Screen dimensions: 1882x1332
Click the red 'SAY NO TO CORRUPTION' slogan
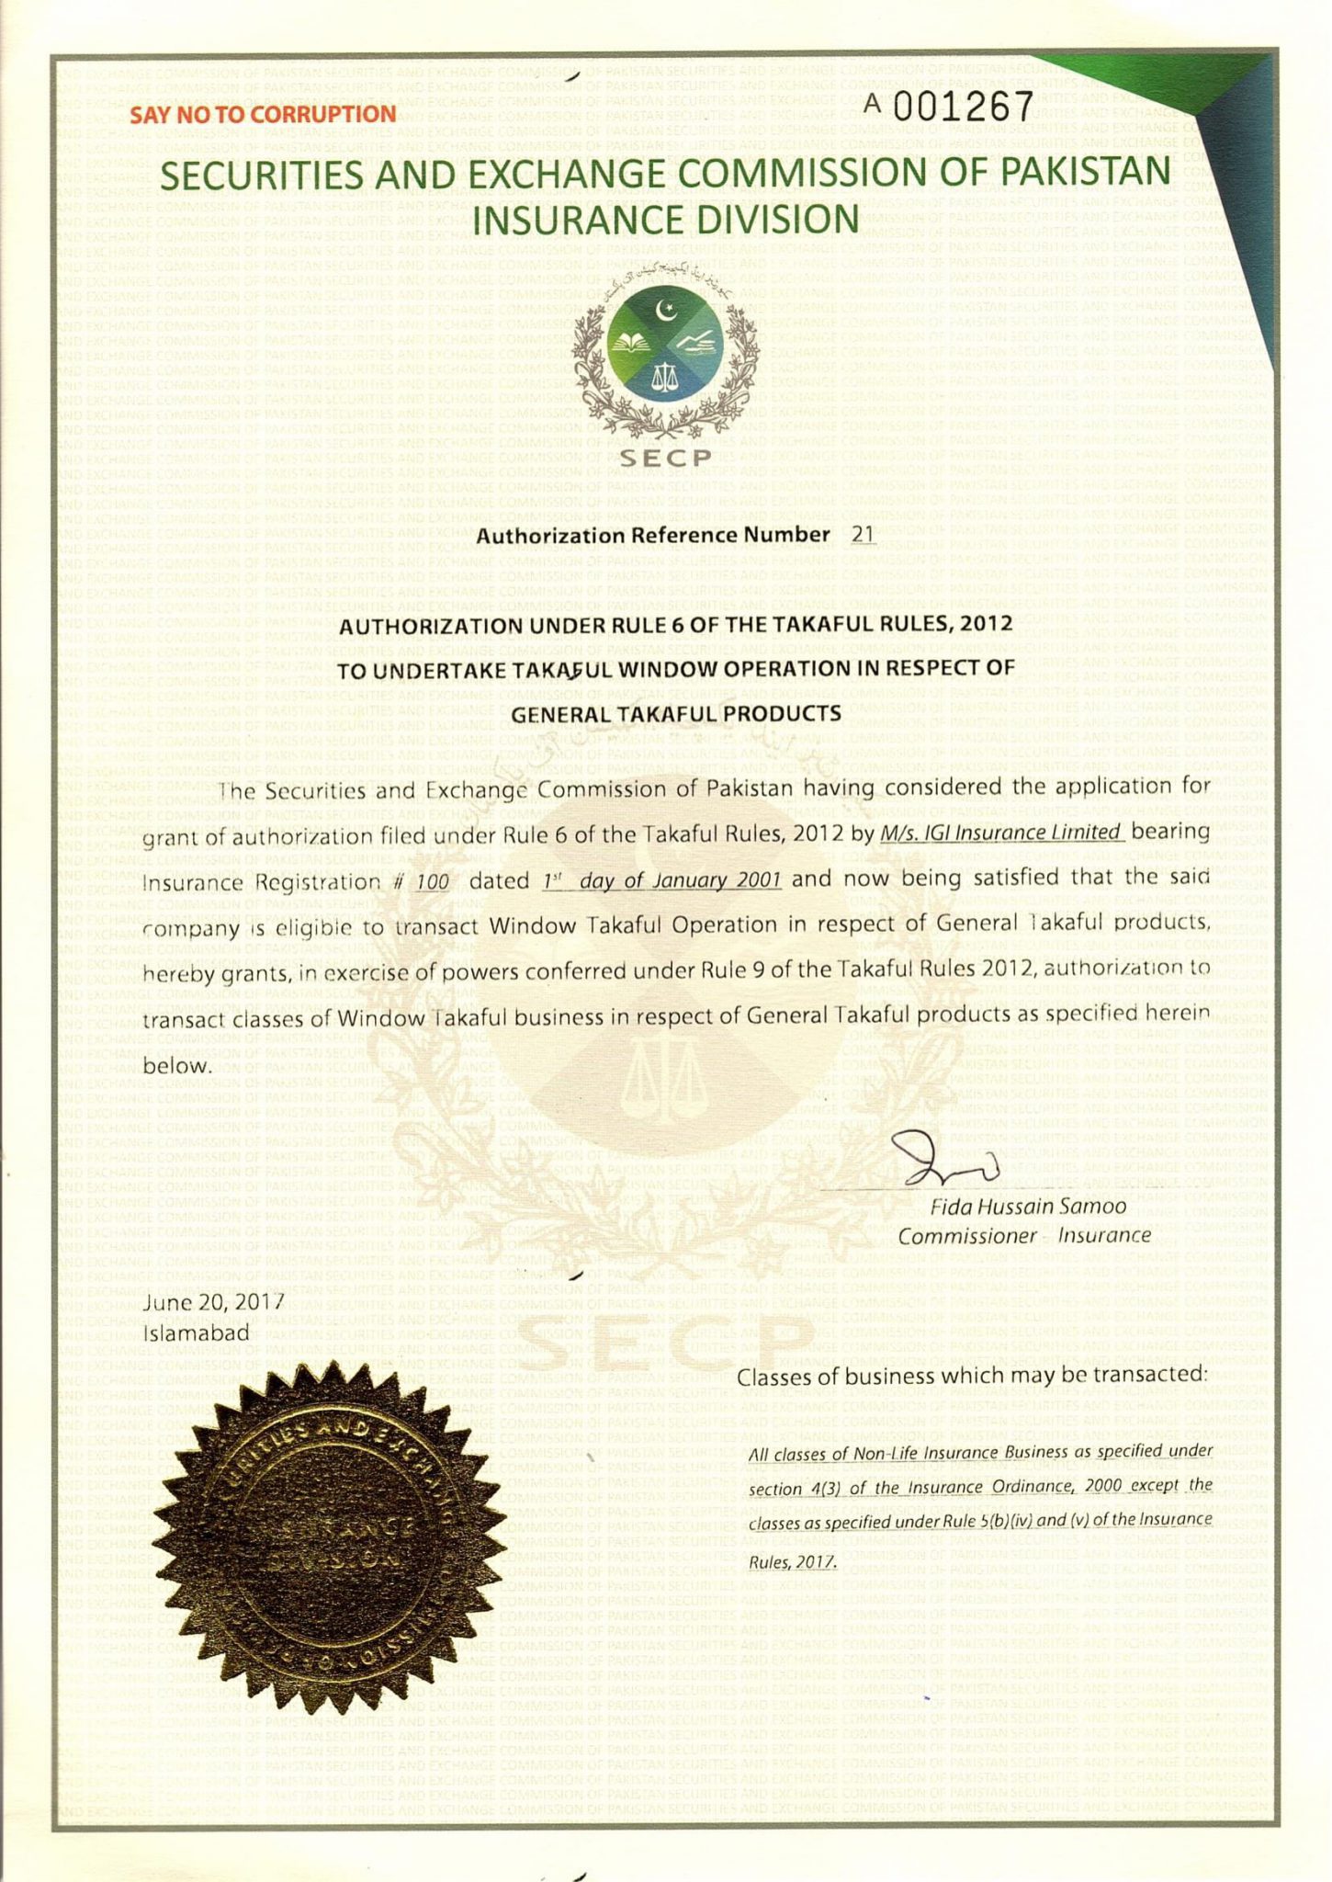263,115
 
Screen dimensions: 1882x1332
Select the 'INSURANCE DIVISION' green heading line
666,221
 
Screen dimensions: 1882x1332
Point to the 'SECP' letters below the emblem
665,457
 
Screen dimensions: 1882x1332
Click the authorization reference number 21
864,535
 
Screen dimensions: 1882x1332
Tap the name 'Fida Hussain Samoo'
1029,1207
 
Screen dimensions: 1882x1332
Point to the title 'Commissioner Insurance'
1024,1236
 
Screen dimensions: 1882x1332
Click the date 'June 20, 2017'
214,1302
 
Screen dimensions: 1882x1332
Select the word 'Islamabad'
198,1332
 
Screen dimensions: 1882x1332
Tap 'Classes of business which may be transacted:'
972,1376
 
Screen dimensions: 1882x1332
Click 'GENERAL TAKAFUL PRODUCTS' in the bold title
675,714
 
